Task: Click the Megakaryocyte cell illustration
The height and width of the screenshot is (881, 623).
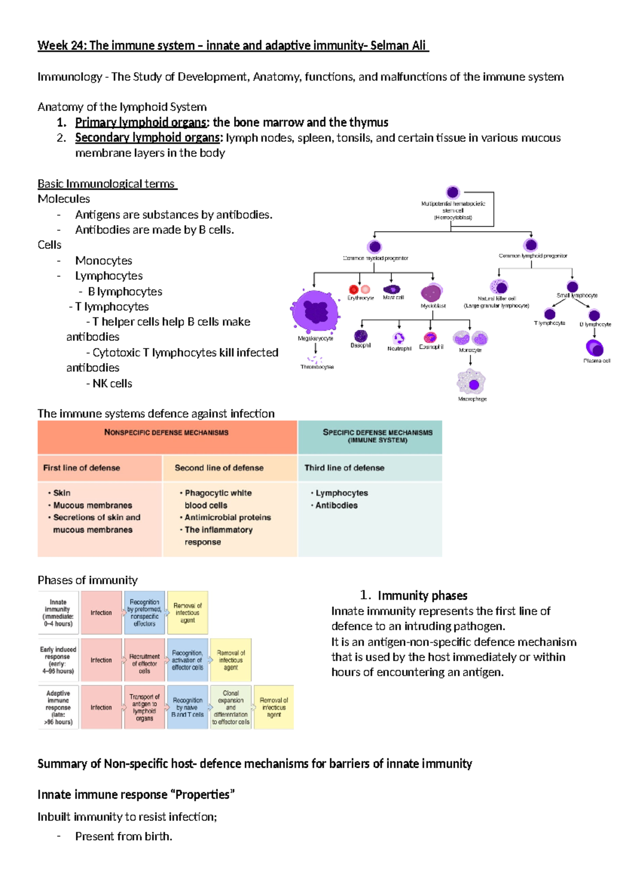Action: (315, 311)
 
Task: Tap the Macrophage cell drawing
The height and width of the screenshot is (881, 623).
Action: (471, 383)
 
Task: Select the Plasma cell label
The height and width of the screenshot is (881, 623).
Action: (597, 361)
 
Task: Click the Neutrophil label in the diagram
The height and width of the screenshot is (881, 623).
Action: (399, 349)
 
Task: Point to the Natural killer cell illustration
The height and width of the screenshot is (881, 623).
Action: (499, 286)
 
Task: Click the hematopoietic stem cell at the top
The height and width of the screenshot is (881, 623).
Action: (453, 192)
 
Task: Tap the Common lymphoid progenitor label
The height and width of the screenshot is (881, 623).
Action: (533, 256)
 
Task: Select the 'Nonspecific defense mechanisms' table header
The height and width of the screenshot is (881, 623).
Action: (166, 432)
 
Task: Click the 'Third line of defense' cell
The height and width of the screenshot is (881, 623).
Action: (344, 468)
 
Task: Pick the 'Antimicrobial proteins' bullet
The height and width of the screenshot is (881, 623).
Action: (227, 517)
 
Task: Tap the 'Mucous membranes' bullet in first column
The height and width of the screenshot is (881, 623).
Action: (92, 505)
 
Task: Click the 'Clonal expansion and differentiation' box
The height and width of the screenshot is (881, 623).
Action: (231, 708)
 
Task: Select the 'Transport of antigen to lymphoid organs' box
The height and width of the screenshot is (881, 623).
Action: (144, 708)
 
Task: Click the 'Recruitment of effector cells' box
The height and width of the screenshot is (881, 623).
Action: (144, 660)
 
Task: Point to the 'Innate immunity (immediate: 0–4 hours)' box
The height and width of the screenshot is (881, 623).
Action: (58, 613)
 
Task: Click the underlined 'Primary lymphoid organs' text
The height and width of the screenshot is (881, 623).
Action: (141, 123)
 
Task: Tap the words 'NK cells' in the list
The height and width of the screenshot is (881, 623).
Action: (112, 383)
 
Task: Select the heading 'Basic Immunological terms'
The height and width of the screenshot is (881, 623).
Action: (106, 184)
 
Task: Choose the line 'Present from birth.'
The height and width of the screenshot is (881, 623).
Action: (124, 836)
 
